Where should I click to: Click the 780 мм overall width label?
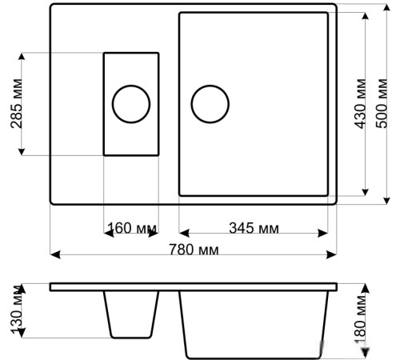coord(194,250)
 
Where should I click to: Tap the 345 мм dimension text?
coord(254,228)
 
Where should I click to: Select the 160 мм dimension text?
coord(132,228)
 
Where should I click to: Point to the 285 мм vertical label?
coord(17,103)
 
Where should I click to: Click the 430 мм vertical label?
coord(361,103)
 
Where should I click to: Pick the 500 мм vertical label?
coord(382,103)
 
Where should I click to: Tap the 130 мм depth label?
coord(17,310)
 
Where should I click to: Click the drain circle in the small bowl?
coord(131,104)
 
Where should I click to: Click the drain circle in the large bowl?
coord(210,104)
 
